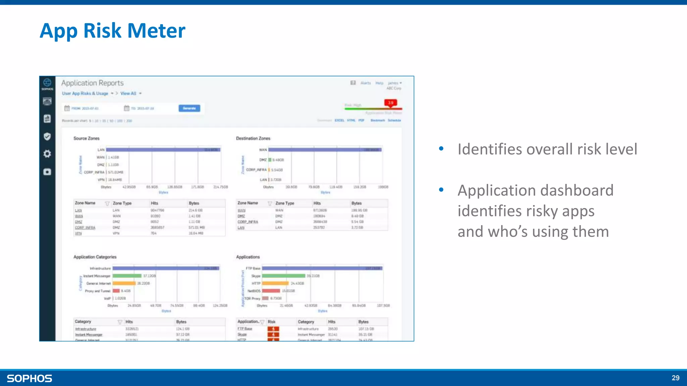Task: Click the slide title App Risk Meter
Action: (x=112, y=31)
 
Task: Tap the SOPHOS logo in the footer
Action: (x=30, y=378)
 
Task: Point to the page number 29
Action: (x=675, y=378)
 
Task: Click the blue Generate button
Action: (x=189, y=108)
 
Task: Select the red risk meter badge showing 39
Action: (x=390, y=103)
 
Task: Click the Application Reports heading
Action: (x=92, y=83)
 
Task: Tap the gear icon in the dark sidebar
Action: (x=47, y=154)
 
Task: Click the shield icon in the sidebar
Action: (x=47, y=136)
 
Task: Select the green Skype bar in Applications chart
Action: (x=283, y=276)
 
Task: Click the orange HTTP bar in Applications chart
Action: (x=275, y=283)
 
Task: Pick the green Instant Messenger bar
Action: (x=127, y=276)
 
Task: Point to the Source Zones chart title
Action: (x=87, y=138)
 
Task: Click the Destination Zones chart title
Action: (x=253, y=138)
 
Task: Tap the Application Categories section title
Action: (x=95, y=257)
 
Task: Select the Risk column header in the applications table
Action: (x=271, y=322)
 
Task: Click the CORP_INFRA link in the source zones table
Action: (x=85, y=228)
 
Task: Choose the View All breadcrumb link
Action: (x=128, y=93)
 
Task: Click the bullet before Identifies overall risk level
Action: (x=441, y=148)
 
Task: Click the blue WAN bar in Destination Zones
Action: (x=325, y=150)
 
